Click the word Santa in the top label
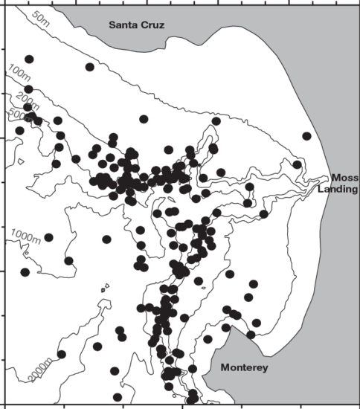123,25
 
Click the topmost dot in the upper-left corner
29,59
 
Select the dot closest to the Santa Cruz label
89,67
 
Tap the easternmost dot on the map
306,136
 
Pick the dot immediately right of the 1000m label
49,238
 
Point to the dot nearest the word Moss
297,165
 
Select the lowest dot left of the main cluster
117,397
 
